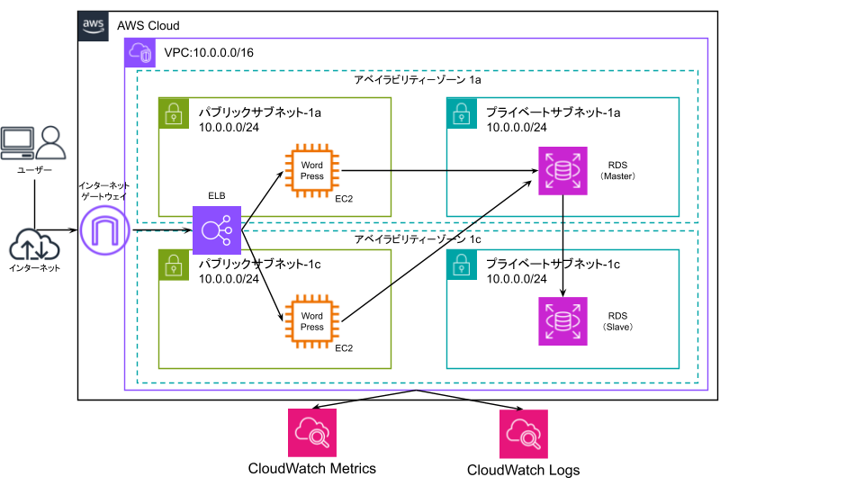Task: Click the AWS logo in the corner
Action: pyautogui.click(x=93, y=26)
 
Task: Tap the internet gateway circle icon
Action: pyautogui.click(x=104, y=230)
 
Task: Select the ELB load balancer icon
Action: pyautogui.click(x=217, y=230)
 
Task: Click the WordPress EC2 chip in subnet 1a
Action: pyautogui.click(x=312, y=171)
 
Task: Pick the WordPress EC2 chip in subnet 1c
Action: pyautogui.click(x=312, y=321)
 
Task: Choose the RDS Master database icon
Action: pyautogui.click(x=562, y=171)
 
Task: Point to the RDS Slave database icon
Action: pyautogui.click(x=562, y=321)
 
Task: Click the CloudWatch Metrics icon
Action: pyautogui.click(x=312, y=433)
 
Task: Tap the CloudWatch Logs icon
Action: pyautogui.click(x=524, y=434)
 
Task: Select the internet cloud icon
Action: pyautogui.click(x=34, y=245)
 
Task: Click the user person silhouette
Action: pyautogui.click(x=50, y=143)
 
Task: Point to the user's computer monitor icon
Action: pyautogui.click(x=17, y=143)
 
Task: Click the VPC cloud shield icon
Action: pyautogui.click(x=140, y=53)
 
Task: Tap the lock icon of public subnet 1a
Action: pyautogui.click(x=174, y=113)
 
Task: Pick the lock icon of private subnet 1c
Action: pyautogui.click(x=462, y=265)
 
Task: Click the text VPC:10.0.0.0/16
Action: pyautogui.click(x=209, y=53)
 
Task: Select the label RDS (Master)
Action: pyautogui.click(x=617, y=171)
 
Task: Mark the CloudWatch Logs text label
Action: pyautogui.click(x=524, y=471)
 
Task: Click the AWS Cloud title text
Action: pyautogui.click(x=148, y=26)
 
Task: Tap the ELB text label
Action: pyautogui.click(x=217, y=195)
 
